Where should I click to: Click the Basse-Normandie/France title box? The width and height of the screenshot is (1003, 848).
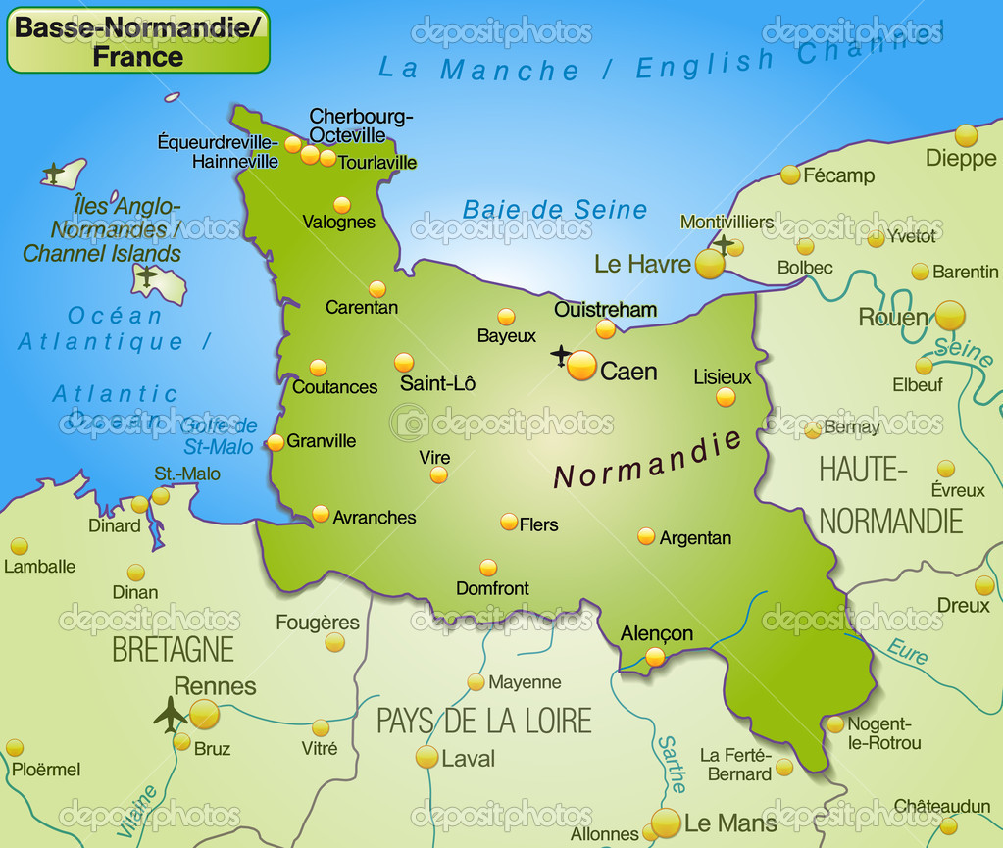(x=138, y=40)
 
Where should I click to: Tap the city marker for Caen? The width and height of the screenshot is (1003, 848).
(x=581, y=366)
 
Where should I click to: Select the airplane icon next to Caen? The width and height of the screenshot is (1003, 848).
(x=561, y=355)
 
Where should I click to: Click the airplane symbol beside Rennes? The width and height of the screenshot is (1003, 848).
(x=171, y=714)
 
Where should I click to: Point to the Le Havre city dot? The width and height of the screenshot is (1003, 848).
(x=710, y=264)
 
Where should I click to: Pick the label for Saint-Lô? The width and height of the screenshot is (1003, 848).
(x=437, y=383)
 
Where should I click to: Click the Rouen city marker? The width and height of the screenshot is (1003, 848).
(x=949, y=316)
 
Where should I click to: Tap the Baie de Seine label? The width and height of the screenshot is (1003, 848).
(x=555, y=210)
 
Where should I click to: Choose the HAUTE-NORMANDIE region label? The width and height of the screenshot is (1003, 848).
(x=890, y=495)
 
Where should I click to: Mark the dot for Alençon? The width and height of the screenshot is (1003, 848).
(x=655, y=657)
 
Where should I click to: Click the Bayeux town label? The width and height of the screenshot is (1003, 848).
(x=507, y=336)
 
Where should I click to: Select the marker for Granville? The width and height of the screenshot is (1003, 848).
(x=276, y=442)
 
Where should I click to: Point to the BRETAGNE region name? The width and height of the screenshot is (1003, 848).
(x=173, y=649)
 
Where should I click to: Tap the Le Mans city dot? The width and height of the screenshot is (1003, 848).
(x=666, y=823)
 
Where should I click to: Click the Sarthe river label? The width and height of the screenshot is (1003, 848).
(x=672, y=764)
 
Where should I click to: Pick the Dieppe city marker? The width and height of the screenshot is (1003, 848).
(x=967, y=135)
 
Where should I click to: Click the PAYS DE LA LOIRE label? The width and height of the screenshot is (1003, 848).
(x=484, y=721)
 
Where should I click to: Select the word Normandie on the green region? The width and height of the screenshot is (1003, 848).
(x=648, y=459)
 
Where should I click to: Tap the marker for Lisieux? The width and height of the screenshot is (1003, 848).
(x=726, y=397)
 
